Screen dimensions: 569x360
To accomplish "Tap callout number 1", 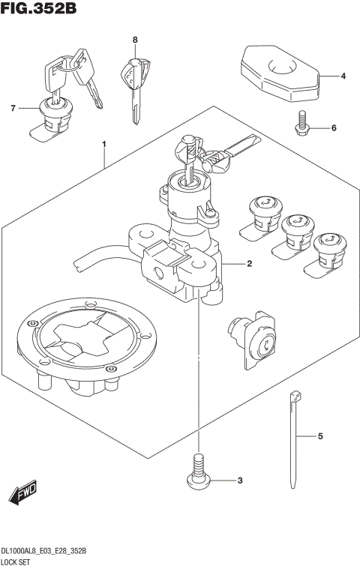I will (105, 143).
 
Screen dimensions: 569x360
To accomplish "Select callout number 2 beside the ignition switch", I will (248, 264).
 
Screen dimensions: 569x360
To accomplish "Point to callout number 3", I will (240, 481).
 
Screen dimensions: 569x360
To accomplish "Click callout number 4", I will (342, 76).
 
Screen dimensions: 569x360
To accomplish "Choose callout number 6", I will (333, 128).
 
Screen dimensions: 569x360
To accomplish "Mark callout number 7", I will (13, 109).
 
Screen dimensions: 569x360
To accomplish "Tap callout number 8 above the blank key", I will (135, 40).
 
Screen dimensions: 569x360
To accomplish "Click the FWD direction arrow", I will (22, 491).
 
